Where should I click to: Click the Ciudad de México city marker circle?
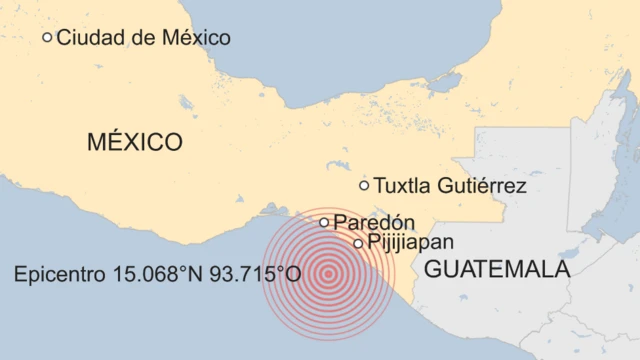pyautogui.click(x=47, y=37)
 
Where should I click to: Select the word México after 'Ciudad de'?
pyautogui.click(x=195, y=38)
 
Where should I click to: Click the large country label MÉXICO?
pyautogui.click(x=134, y=142)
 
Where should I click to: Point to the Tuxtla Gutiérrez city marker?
pyautogui.click(x=364, y=185)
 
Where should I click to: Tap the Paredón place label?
pyautogui.click(x=374, y=222)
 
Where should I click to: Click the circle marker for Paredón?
pyautogui.click(x=324, y=222)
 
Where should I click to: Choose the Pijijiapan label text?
pyautogui.click(x=410, y=242)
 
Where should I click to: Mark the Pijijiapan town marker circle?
pyautogui.click(x=359, y=243)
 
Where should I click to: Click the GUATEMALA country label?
pyautogui.click(x=497, y=269)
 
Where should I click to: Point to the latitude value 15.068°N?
pyautogui.click(x=162, y=273)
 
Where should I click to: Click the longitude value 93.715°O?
pyautogui.click(x=256, y=273)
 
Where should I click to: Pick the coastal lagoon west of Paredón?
pyautogui.click(x=272, y=209)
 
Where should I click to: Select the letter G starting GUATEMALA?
pyautogui.click(x=433, y=269)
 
